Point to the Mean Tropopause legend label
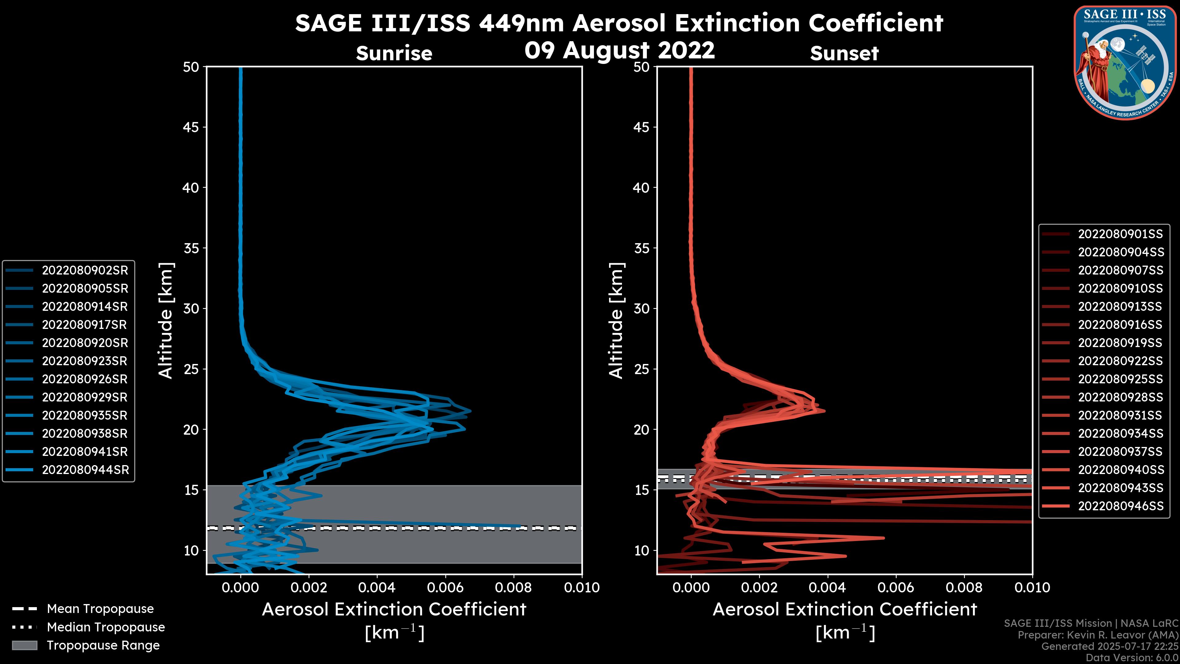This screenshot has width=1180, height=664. [x=100, y=609]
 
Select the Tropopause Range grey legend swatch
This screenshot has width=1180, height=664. [x=25, y=645]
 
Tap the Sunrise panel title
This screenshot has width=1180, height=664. [x=394, y=53]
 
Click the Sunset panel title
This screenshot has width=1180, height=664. [x=844, y=53]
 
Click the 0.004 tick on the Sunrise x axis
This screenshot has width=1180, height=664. [x=376, y=587]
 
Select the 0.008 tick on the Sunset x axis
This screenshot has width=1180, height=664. [x=964, y=587]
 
